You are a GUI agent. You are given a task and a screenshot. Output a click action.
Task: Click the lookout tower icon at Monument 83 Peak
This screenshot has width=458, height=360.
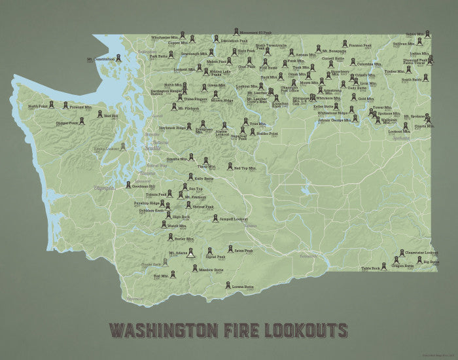[x=236, y=31]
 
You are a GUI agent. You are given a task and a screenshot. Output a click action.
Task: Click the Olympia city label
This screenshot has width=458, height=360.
[x=104, y=188]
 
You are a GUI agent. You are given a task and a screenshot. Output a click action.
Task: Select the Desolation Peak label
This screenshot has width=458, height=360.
[x=215, y=41]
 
